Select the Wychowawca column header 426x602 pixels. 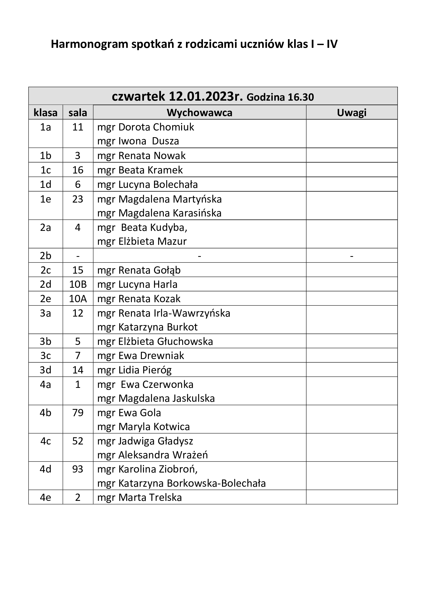(199, 113)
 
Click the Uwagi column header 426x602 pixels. (352, 113)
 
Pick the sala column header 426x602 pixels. (78, 113)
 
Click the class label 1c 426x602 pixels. (45, 170)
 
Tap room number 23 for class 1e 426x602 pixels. (78, 199)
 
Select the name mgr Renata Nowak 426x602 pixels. (141, 156)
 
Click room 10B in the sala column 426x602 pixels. (78, 284)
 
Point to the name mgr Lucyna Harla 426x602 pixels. (137, 284)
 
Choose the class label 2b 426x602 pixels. (45, 256)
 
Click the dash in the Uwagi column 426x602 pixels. (352, 256)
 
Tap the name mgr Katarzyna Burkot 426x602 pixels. (147, 327)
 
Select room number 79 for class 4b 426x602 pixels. (78, 413)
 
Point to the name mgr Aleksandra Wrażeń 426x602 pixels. (152, 455)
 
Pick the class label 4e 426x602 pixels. (45, 498)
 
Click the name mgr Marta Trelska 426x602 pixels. (140, 498)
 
